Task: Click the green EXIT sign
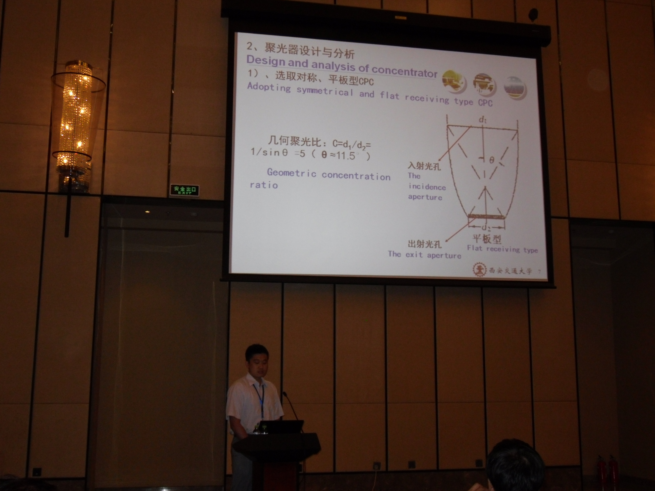184,190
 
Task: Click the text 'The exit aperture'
425,255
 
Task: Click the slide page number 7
539,271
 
